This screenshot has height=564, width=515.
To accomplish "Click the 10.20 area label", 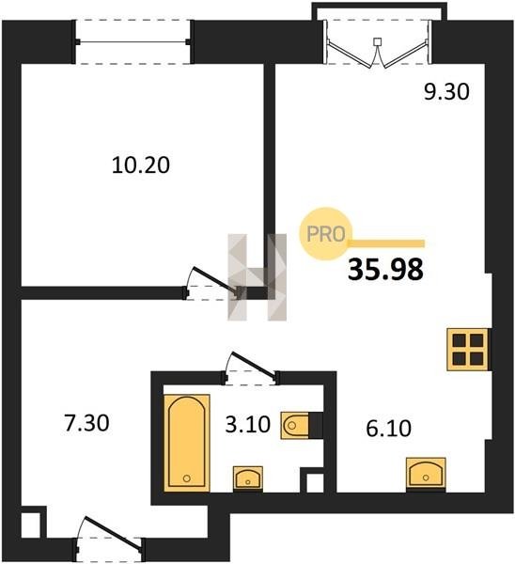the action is (141, 165).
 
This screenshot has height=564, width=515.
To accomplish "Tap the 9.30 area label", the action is (446, 92).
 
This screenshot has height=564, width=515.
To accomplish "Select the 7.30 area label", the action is (86, 423).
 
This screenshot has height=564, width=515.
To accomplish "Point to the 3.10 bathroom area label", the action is (248, 424).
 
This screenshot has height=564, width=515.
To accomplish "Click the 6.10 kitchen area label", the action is (389, 429).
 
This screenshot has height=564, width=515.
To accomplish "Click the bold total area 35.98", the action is (385, 270).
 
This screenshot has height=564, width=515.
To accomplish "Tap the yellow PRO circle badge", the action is (325, 234).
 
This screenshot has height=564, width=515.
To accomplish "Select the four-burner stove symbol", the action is (467, 350).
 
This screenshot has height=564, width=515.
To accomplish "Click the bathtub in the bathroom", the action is (187, 443).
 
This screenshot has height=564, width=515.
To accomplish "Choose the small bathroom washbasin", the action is (248, 478).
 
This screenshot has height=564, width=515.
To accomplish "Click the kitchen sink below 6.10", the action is (426, 472).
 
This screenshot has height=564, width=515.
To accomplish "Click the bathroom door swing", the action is (251, 368).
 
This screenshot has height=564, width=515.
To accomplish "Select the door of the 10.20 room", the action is (212, 283).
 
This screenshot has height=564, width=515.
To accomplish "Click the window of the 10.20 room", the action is (133, 41).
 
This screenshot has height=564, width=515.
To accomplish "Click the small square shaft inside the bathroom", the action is (315, 484).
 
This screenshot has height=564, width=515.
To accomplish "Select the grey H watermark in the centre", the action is (257, 277).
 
